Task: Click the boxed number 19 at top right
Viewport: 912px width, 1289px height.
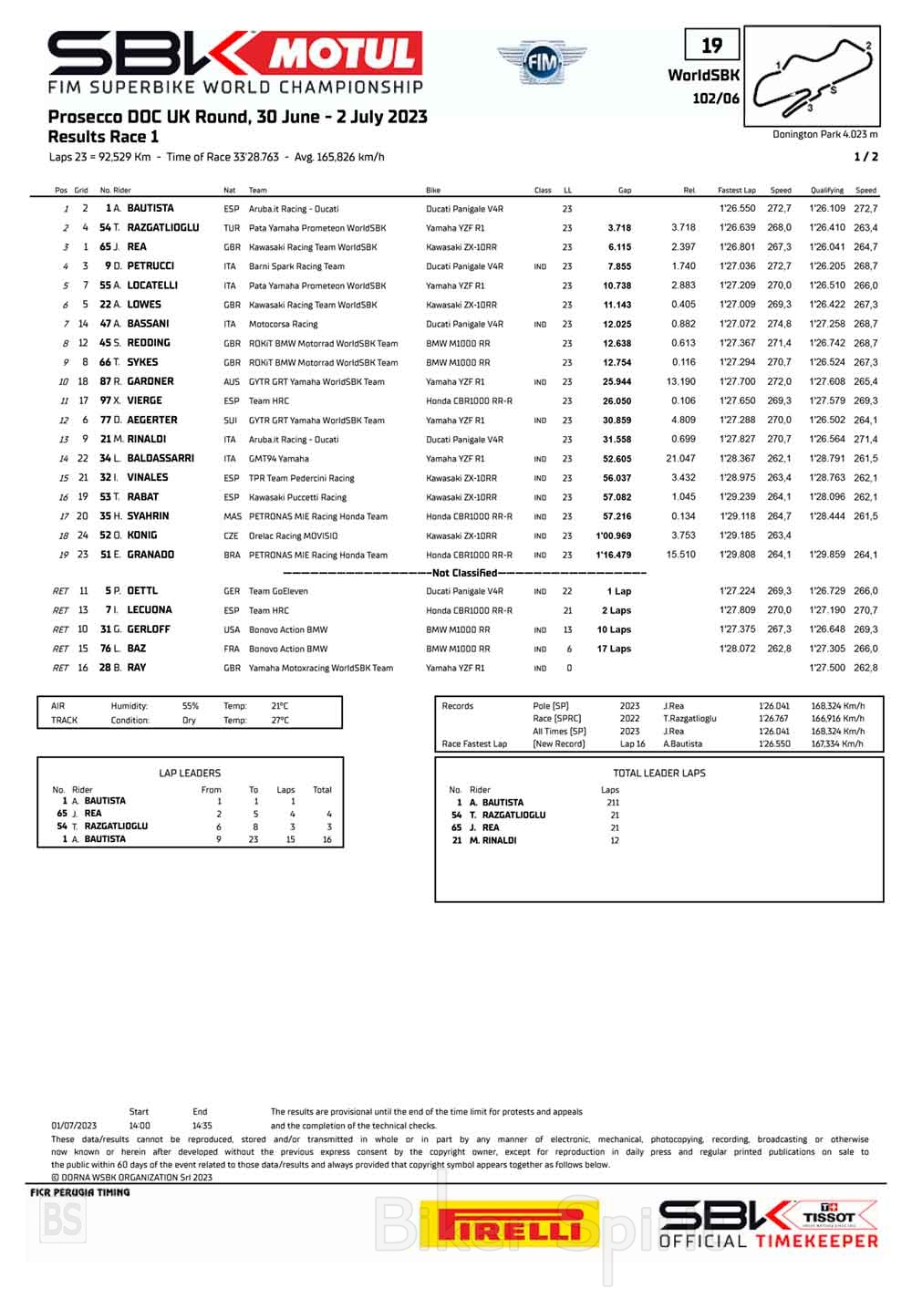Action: [x=711, y=45]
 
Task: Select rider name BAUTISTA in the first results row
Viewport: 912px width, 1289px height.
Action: [x=150, y=208]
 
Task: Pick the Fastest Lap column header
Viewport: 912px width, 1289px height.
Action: [x=736, y=191]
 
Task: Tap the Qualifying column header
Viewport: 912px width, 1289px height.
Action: [x=826, y=191]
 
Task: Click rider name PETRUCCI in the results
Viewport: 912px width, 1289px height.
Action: [x=150, y=266]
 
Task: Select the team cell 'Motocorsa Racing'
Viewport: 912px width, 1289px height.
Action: [x=283, y=324]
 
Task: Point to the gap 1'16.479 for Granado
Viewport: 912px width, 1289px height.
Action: [x=614, y=555]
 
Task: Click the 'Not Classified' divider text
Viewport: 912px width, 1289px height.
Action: [x=464, y=573]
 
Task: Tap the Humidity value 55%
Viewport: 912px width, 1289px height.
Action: [x=190, y=706]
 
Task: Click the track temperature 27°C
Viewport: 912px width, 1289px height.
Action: [x=279, y=720]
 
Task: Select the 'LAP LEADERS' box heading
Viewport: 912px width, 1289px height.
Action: [x=190, y=773]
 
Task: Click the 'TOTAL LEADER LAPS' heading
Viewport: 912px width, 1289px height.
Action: [x=659, y=773]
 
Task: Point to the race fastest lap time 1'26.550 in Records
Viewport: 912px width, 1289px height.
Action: [x=772, y=744]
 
